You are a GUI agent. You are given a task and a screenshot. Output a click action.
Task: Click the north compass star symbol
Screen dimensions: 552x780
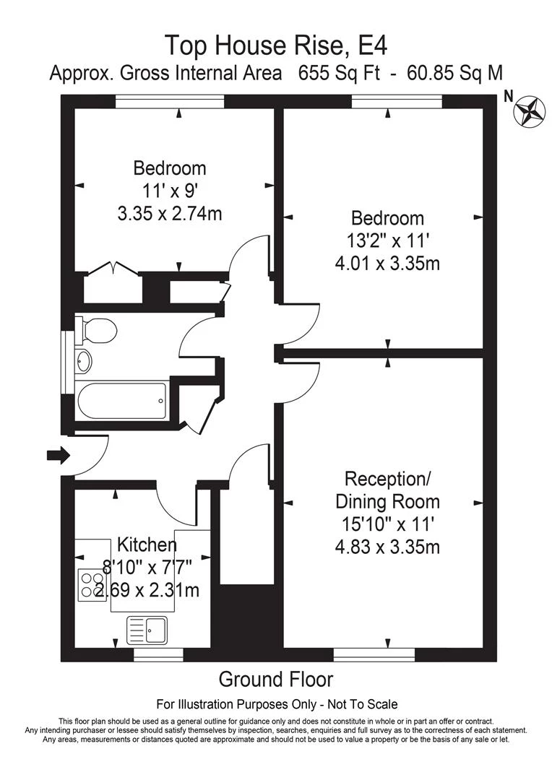pyautogui.click(x=530, y=111)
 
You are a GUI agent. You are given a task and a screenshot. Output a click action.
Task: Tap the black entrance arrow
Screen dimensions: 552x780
pyautogui.click(x=59, y=455)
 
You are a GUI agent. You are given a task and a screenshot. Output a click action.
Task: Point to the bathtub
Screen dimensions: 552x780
pyautogui.click(x=122, y=402)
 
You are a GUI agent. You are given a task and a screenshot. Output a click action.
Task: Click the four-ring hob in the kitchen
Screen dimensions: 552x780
pyautogui.click(x=92, y=584)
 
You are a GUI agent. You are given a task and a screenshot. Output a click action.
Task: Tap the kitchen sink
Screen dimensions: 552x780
pyautogui.click(x=148, y=630)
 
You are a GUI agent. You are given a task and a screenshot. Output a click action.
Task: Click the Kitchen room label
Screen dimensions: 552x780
pyautogui.click(x=147, y=545)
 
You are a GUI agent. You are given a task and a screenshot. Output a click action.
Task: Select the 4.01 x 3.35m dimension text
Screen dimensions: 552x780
pyautogui.click(x=387, y=263)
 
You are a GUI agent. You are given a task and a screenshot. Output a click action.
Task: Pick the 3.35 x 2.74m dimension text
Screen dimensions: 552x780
pyautogui.click(x=170, y=213)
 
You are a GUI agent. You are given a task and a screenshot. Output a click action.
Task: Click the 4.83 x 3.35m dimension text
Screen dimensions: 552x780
pyautogui.click(x=387, y=547)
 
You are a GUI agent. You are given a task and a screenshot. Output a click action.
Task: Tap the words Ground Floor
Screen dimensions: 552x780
pyautogui.click(x=276, y=679)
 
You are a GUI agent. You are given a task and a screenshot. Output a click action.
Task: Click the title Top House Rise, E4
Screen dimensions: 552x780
pyautogui.click(x=276, y=45)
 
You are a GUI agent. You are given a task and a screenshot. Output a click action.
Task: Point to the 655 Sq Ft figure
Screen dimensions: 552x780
pyautogui.click(x=339, y=73)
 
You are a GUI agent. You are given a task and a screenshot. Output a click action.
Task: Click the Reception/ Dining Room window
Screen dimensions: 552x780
pyautogui.click(x=374, y=654)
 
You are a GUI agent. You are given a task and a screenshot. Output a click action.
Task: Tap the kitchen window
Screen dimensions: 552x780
pyautogui.click(x=151, y=654)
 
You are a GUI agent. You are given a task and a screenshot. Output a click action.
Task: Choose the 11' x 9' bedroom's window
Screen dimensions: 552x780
pyautogui.click(x=170, y=102)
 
